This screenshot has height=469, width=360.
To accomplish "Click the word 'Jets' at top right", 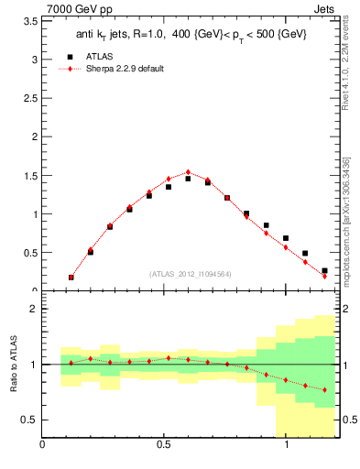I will coord(324,9).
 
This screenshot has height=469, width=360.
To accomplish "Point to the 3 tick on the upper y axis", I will coord(34,60).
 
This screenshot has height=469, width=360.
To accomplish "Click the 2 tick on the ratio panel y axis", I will coord(34,310).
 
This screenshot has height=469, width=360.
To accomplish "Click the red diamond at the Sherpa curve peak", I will coord(188,172).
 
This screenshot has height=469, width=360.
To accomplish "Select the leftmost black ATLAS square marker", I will coord(71,277).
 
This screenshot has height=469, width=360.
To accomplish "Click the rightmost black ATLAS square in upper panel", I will coord(324,270).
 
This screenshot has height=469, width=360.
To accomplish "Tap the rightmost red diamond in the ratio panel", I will coord(324,390).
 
